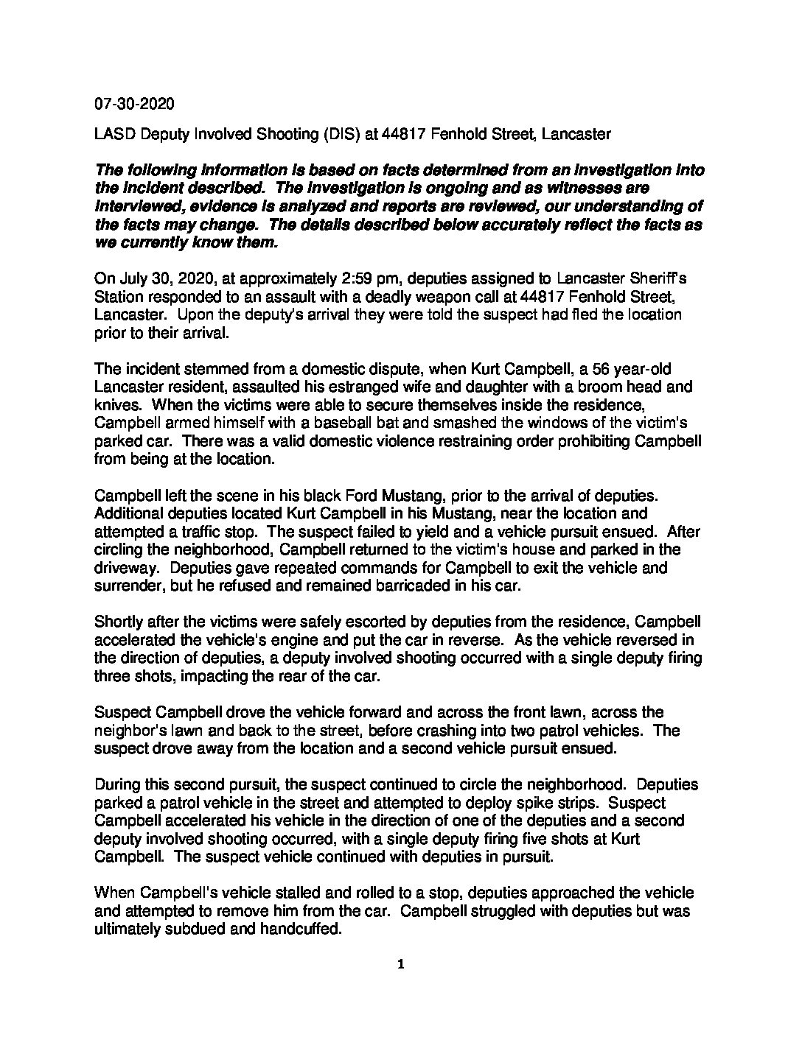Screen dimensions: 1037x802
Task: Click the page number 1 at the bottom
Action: [x=400, y=966]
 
